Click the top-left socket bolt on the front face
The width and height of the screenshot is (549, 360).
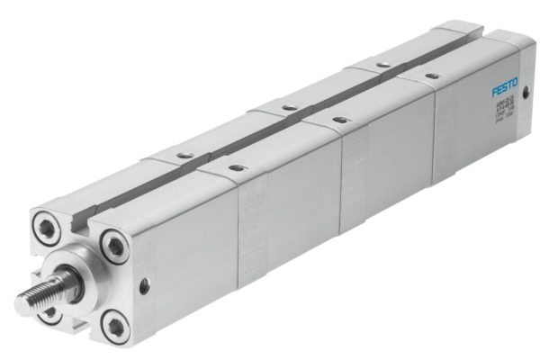[46, 220]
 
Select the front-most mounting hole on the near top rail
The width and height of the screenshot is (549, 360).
[236, 168]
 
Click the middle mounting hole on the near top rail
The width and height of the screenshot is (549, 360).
[339, 120]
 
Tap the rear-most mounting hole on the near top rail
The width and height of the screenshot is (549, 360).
[431, 76]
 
